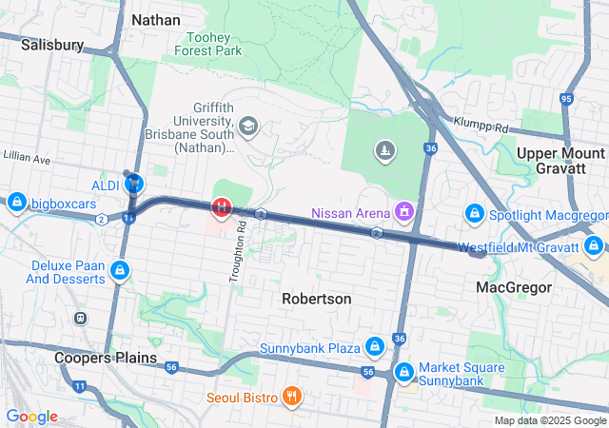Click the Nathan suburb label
(155, 19)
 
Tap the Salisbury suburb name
(52, 44)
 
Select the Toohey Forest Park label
(203, 44)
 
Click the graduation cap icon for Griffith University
(248, 126)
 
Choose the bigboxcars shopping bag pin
(16, 203)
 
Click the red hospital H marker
(221, 205)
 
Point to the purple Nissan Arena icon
(405, 210)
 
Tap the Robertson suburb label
(316, 299)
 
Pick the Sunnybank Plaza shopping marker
(375, 347)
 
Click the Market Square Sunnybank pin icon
(403, 372)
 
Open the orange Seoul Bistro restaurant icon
(292, 397)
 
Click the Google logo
(31, 417)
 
